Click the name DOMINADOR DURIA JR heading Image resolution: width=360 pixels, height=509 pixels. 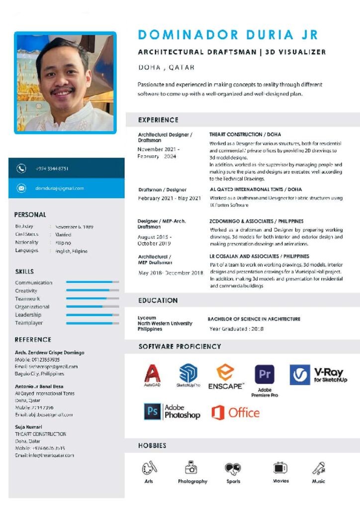(228, 35)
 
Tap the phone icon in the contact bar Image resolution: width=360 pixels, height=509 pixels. (21, 169)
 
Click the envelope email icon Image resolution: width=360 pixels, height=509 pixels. (21, 188)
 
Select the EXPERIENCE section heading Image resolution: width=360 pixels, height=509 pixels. (158, 120)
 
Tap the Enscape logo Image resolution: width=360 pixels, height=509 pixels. (226, 376)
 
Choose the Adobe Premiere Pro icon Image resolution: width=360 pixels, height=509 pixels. (265, 375)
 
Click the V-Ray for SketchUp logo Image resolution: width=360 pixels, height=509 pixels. (319, 374)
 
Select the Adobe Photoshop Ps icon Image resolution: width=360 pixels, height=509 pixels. (152, 412)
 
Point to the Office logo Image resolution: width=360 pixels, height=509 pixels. (235, 413)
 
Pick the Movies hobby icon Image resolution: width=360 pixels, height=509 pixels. (280, 468)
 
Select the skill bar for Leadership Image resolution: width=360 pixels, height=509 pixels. (92, 315)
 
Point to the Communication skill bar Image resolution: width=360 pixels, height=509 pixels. (92, 282)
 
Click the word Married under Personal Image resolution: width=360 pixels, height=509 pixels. (63, 235)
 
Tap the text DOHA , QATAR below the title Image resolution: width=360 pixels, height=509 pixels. (166, 67)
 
